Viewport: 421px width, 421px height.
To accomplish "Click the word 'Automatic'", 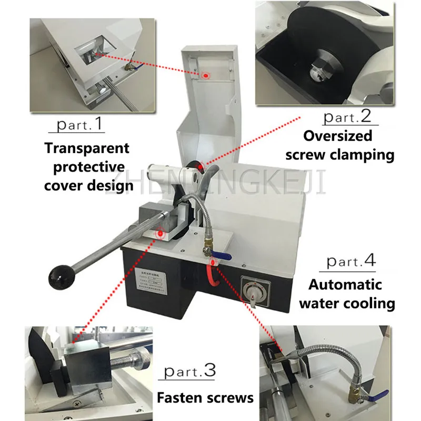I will coord(345,285).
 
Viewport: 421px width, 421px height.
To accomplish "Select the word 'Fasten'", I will coord(179,397).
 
